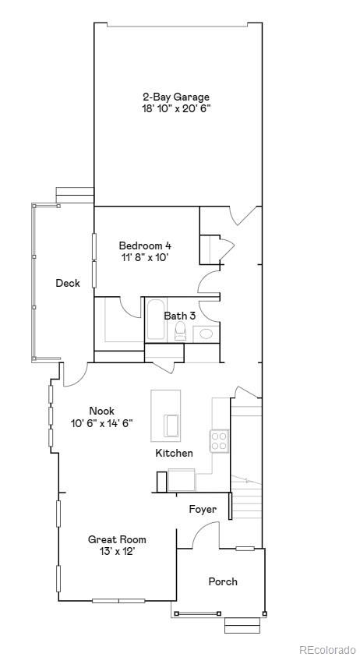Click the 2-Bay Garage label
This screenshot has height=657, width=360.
click(x=175, y=97)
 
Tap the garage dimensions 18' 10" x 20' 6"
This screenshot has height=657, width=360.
click(x=175, y=109)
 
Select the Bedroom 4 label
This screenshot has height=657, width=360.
click(x=145, y=245)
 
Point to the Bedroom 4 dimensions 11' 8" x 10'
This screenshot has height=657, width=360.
click(x=145, y=256)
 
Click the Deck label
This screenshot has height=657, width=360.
click(x=68, y=284)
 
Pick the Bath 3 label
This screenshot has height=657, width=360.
click(x=179, y=316)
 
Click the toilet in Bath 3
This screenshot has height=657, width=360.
click(x=180, y=334)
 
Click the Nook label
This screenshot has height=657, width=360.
click(x=101, y=411)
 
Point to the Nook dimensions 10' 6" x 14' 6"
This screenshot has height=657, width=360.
click(x=101, y=423)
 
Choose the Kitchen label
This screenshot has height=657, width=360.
click(x=174, y=453)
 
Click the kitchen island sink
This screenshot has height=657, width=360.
click(x=171, y=426)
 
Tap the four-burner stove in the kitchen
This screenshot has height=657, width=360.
click(x=219, y=441)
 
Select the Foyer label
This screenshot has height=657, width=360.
click(x=203, y=510)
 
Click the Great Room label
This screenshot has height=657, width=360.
click(x=117, y=539)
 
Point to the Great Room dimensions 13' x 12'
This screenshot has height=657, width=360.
click(x=117, y=551)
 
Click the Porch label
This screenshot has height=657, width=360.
click(x=223, y=581)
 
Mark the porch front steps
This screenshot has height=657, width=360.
click(x=242, y=625)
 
